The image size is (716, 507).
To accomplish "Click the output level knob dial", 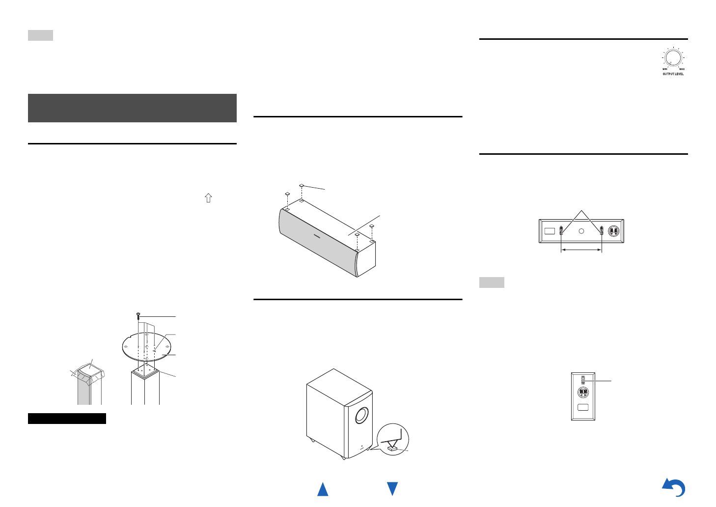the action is click(673, 58).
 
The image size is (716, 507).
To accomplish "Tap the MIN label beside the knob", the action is click(665, 69).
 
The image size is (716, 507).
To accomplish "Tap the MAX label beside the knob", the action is click(682, 69).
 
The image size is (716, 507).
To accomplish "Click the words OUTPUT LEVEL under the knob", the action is click(673, 74).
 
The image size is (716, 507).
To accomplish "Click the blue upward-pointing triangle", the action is click(323, 489).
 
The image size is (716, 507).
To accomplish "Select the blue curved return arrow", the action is click(674, 488).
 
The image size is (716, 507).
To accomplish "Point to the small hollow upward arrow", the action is click(209, 198).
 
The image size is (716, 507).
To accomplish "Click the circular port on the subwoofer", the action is click(361, 416).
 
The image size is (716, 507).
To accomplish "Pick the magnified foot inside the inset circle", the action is click(392, 448).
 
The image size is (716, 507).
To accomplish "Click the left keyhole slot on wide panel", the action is click(561, 230).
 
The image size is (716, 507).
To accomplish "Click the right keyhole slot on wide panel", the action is click(602, 230).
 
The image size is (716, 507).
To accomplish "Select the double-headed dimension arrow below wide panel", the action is click(581, 250).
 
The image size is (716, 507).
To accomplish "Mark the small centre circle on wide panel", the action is click(581, 231).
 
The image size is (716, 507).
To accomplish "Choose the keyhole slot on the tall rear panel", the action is click(583, 380).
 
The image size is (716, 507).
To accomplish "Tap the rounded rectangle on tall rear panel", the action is click(583, 407).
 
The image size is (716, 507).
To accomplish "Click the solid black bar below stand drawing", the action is click(67, 419).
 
